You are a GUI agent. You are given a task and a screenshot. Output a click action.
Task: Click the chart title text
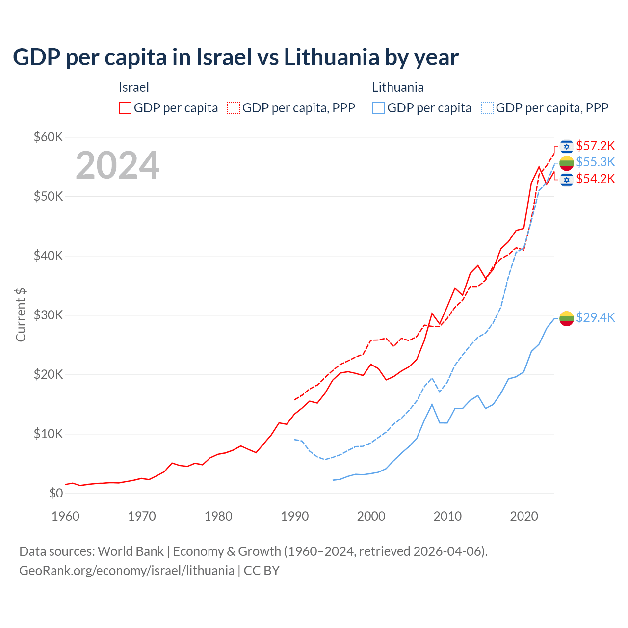point(235,57)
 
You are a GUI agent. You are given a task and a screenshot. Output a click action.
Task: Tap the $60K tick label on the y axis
point(48,137)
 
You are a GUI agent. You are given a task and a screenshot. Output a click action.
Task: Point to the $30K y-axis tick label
point(48,315)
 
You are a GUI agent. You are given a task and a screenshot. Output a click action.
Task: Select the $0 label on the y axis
point(56,493)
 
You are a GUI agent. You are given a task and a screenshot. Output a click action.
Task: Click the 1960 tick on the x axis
point(65,516)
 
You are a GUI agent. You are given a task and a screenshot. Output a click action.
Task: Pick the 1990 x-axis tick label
point(295,516)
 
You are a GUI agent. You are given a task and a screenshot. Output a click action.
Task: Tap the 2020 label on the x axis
point(524,516)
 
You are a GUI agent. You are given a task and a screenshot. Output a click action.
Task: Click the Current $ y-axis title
point(21,315)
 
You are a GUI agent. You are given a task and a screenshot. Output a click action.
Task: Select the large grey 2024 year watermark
point(117,165)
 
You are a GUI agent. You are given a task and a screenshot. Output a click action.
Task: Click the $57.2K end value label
point(595,146)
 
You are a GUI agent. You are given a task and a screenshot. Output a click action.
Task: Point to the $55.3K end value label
point(595,162)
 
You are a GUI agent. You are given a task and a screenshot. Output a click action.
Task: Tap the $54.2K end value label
point(595,179)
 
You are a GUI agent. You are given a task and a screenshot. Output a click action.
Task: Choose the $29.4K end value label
point(595,317)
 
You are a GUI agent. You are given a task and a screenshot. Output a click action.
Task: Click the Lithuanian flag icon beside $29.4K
point(567,318)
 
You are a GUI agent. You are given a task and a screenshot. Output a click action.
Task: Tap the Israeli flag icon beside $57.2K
point(567,146)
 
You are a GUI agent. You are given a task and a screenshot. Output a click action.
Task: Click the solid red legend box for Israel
point(125,108)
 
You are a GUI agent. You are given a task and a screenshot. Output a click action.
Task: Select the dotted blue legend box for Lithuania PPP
point(487,108)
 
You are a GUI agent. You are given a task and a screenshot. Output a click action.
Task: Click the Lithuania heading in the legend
point(398,87)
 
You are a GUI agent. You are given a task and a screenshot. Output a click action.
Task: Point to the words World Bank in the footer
point(131,551)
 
